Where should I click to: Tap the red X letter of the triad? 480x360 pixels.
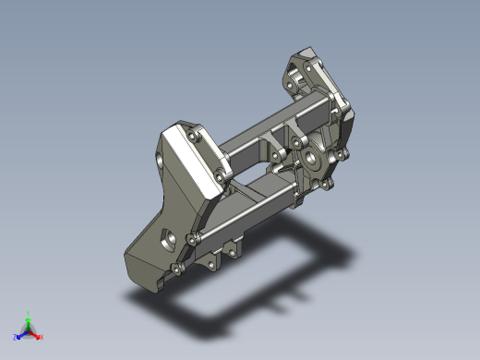coord(42,337)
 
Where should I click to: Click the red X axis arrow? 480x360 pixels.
coord(36,334)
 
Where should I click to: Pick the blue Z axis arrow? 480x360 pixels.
coord(21,334)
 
